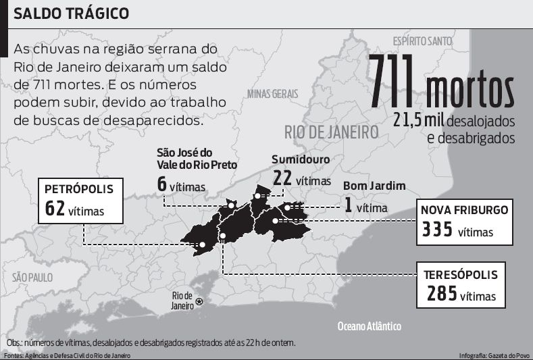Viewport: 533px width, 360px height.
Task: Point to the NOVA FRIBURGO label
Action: (x=464, y=209)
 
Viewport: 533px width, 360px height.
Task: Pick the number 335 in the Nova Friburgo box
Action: (x=437, y=230)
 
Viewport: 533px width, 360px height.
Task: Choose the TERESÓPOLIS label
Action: (x=461, y=275)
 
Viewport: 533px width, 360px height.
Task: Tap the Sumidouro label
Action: (x=301, y=160)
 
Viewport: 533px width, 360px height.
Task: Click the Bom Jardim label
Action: (x=374, y=186)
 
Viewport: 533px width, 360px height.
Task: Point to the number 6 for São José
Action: (x=161, y=183)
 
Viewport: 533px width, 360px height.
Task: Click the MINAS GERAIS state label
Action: (x=273, y=94)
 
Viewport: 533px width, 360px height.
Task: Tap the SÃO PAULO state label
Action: (x=32, y=277)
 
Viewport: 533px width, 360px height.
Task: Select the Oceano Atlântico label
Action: (x=369, y=326)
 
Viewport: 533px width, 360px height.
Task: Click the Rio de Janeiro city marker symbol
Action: (x=199, y=301)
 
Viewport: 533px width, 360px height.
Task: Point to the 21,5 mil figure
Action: (x=418, y=120)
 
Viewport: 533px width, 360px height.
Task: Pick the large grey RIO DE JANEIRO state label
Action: (x=330, y=131)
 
